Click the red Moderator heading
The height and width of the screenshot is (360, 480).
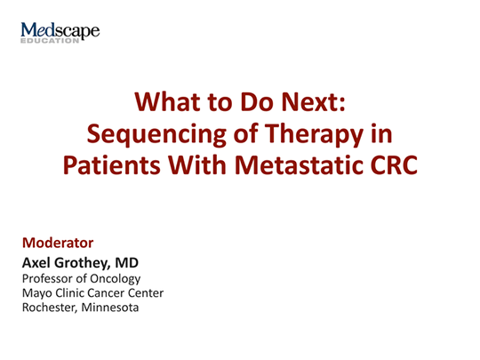coord(57,242)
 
